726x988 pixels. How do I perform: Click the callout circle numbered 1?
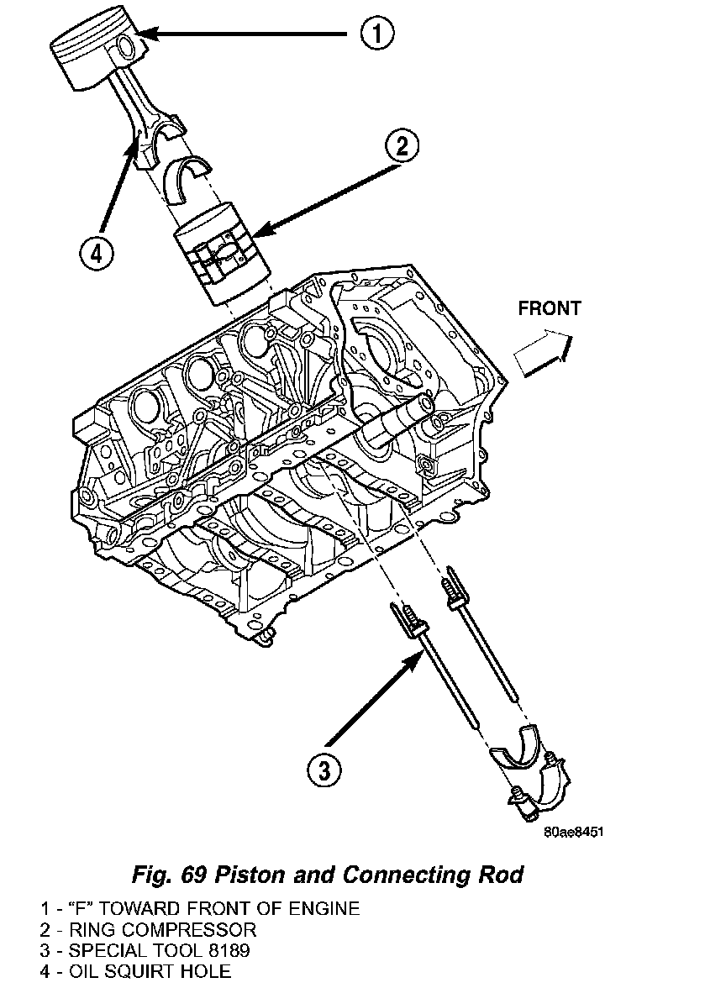coord(376,34)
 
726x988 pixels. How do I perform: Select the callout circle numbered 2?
coord(402,146)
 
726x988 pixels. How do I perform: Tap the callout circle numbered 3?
coord(324,768)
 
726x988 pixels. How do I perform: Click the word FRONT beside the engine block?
coord(550,308)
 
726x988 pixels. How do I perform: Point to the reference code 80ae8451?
coord(574,833)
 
